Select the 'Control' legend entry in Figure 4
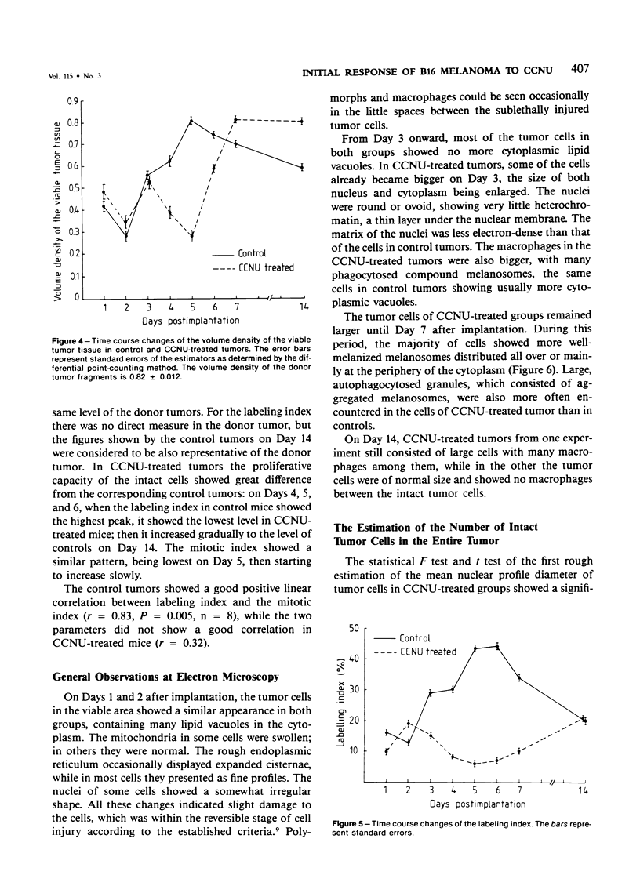coord(251,253)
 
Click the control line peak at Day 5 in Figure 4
coord(191,120)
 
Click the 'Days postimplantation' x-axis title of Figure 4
coord(190,321)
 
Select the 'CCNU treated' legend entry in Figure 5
coord(427,652)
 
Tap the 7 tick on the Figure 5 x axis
coord(519,790)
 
